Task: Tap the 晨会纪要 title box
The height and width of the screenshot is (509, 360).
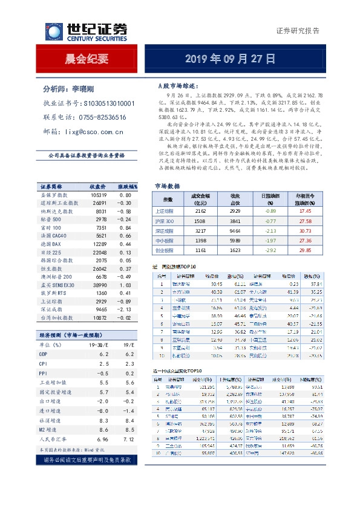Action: [x=87, y=59]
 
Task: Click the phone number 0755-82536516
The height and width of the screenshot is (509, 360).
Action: [x=102, y=117]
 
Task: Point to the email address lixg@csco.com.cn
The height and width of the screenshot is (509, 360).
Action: [x=94, y=131]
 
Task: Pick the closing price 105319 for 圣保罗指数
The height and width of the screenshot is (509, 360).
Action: [x=98, y=195]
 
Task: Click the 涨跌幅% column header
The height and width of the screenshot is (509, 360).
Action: [x=128, y=186]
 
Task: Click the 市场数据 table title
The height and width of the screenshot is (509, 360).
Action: [x=167, y=186]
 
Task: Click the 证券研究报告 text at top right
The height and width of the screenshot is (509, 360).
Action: [x=298, y=31]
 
